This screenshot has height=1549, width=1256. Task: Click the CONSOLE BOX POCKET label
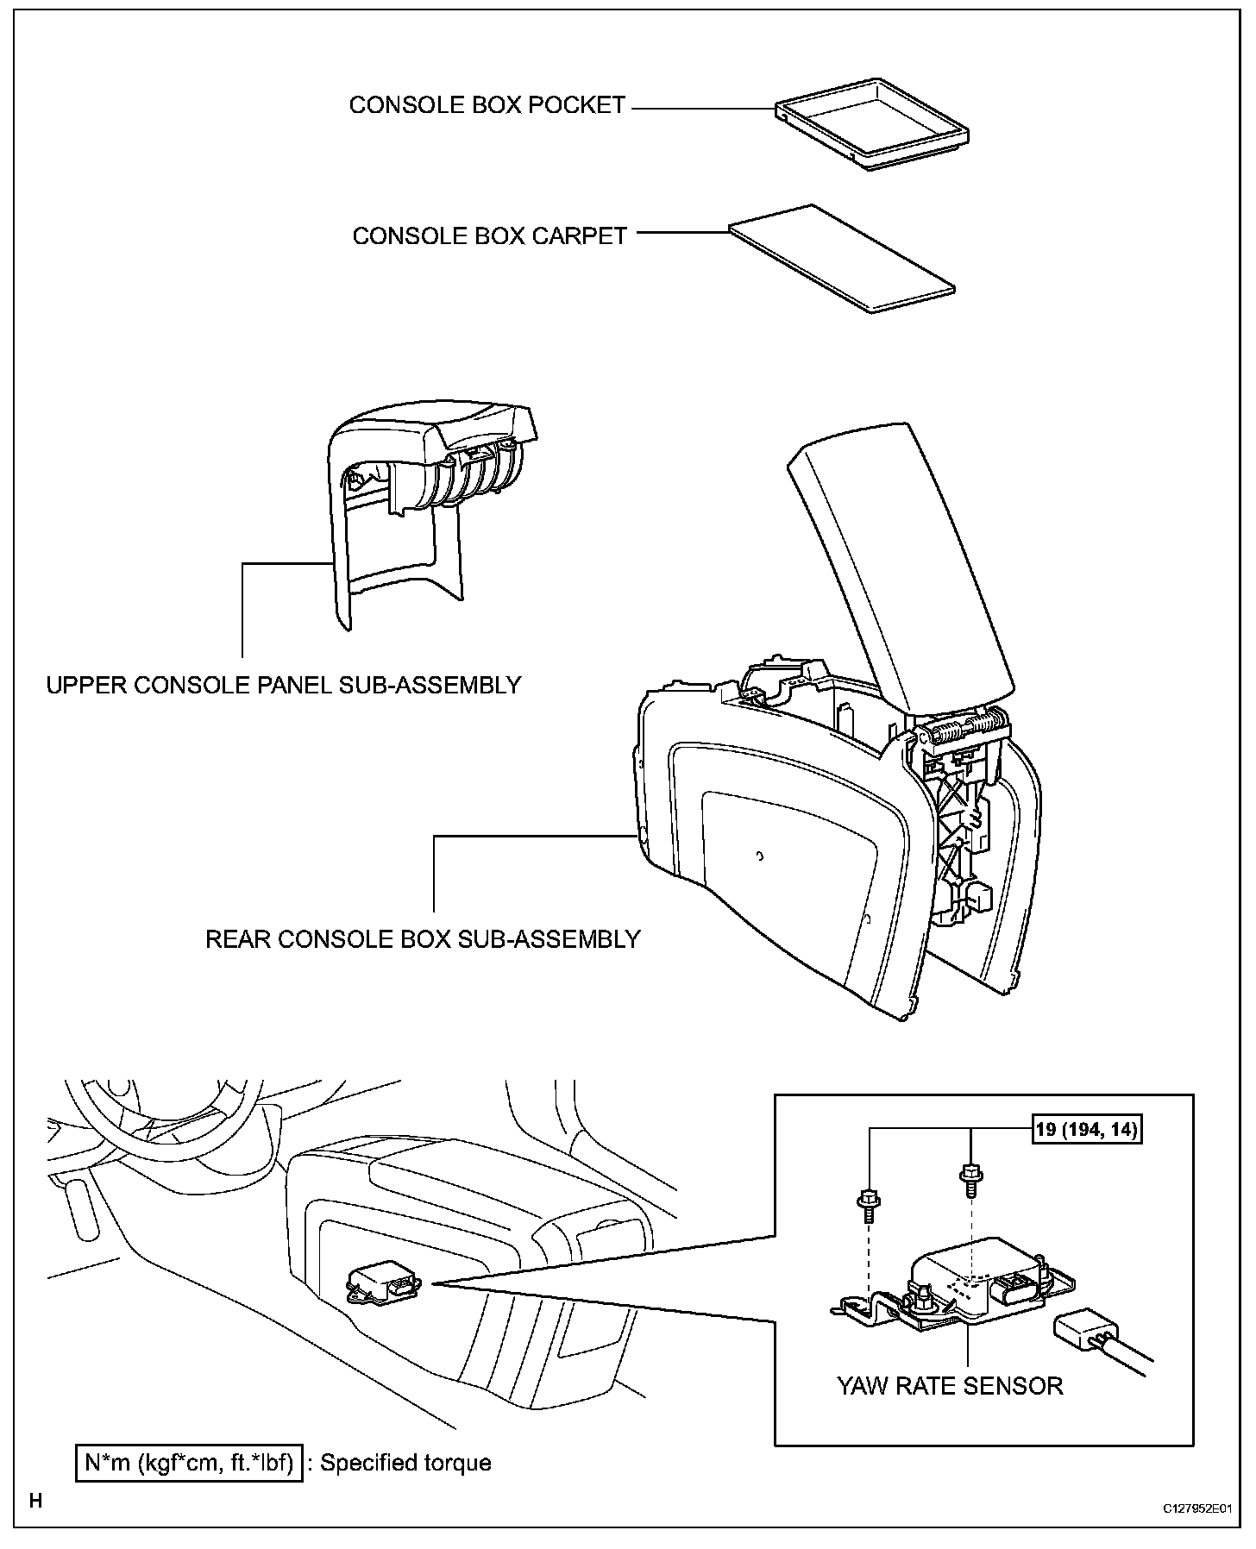487,105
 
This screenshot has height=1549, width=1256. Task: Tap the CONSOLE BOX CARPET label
489,236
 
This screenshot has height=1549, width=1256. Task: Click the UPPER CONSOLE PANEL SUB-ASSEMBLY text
284,685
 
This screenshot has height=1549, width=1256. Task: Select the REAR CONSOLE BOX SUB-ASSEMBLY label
423,938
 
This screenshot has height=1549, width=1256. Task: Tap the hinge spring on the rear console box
966,733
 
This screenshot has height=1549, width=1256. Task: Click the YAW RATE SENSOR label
950,1386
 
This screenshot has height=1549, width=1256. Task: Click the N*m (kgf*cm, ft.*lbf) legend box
190,1463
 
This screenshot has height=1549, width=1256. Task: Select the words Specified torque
405,1463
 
